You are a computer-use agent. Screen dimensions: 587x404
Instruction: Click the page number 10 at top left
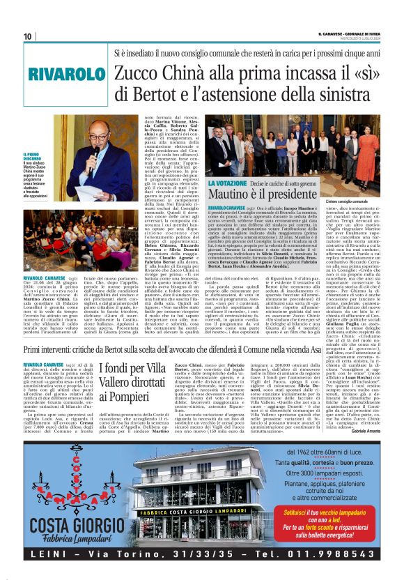(x=28, y=36)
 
